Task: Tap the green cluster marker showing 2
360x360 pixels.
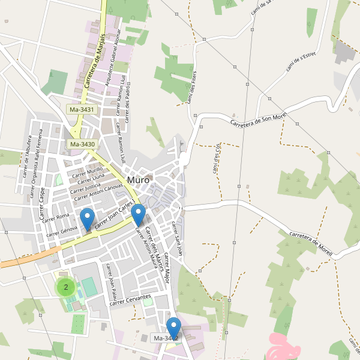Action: pos(65,287)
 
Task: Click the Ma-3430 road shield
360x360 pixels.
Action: pos(82,144)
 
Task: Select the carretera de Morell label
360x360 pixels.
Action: pos(310,242)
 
